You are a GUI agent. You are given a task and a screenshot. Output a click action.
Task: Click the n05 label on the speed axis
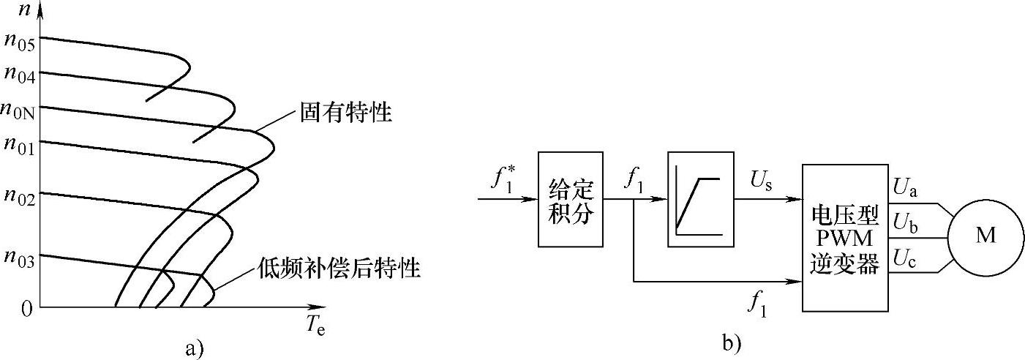[20, 40]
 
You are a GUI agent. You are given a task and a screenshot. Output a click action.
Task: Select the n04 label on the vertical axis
[20, 73]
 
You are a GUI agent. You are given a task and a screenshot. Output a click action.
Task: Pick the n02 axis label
[20, 196]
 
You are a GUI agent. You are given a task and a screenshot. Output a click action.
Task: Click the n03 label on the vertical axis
[20, 258]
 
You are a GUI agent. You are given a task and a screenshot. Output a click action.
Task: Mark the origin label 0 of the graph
[26, 310]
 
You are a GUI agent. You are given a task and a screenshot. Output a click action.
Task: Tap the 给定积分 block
[571, 199]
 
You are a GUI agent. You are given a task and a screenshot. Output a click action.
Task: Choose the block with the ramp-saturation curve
[700, 199]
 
